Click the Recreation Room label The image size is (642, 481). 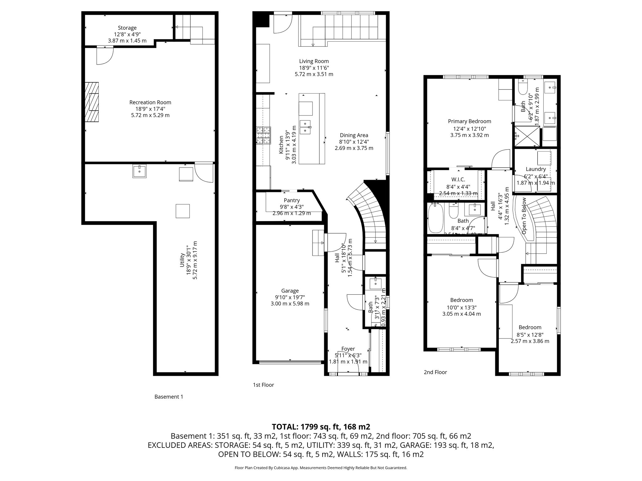click(x=150, y=102)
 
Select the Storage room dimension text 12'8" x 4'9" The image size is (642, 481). click(x=127, y=34)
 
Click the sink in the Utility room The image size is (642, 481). click(x=139, y=172)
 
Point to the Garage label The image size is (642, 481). click(x=290, y=291)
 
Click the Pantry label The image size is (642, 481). click(x=292, y=200)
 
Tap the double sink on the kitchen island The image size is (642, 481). click(x=305, y=127)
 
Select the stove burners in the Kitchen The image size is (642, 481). click(x=264, y=135)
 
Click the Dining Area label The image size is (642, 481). click(x=354, y=135)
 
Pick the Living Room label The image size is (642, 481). click(x=314, y=61)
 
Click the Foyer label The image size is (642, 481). click(x=348, y=349)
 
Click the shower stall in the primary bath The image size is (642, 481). click(x=527, y=136)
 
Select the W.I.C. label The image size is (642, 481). click(x=458, y=179)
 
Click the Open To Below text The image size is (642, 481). click(x=524, y=215)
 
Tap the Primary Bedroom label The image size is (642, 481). click(x=469, y=122)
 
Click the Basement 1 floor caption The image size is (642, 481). click(x=169, y=397)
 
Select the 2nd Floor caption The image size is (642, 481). click(x=435, y=372)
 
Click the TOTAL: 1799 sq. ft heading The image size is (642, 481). click(x=321, y=427)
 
